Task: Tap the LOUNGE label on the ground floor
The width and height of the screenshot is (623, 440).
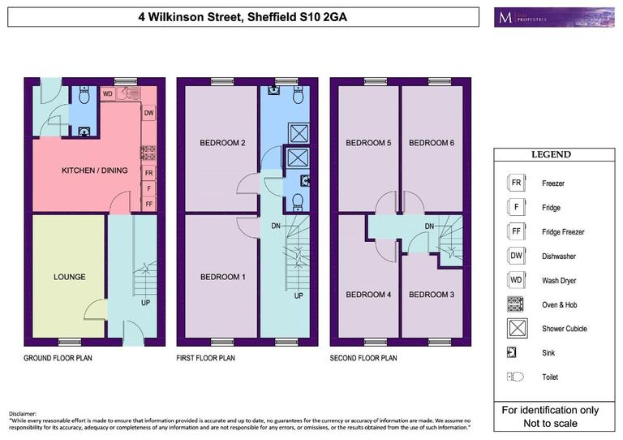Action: pos(69,277)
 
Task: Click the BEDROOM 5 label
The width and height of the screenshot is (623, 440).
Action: pos(368,143)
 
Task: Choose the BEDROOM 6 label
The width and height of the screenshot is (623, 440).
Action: pos(432,143)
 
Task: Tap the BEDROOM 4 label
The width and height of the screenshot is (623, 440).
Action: pos(368,295)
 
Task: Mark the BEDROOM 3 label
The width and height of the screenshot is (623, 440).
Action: pos(432,295)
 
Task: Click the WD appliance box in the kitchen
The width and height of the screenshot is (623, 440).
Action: pos(107,93)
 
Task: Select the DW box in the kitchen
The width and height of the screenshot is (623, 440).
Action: pos(148,113)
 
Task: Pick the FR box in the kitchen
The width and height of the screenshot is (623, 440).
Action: pos(148,174)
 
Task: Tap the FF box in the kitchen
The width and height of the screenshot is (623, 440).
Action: pos(148,205)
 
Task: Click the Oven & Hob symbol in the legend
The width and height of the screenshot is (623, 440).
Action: pos(514,304)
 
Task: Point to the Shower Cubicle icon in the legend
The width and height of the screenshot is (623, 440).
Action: pos(514,329)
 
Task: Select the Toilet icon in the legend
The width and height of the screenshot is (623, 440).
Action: pos(514,377)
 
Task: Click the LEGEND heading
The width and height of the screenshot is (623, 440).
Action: pos(551,154)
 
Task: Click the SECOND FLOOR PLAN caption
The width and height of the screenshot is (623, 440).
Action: pos(363,357)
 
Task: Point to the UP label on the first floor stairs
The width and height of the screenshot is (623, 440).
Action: pos(299,295)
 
